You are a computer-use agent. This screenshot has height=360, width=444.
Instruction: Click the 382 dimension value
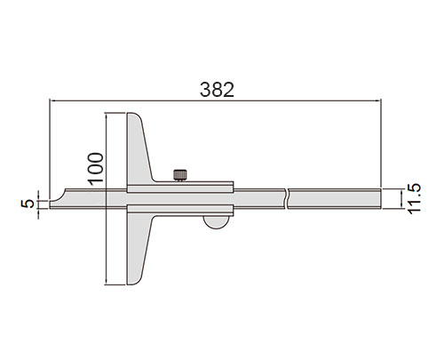pos(217,90)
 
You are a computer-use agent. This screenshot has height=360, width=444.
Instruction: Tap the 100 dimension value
pos(96,169)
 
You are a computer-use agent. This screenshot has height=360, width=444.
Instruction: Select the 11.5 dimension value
pos(414,198)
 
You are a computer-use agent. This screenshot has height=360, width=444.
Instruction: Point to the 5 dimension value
pos(28,204)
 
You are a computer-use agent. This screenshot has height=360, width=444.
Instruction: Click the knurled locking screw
pos(180,175)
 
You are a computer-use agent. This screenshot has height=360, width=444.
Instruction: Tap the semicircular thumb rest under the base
pos(217,222)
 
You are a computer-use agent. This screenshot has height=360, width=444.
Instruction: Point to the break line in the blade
pos(287,198)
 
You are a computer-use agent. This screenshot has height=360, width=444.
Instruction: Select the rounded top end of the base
pos(134,116)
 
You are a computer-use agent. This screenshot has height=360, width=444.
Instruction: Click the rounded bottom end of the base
pos(134,281)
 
